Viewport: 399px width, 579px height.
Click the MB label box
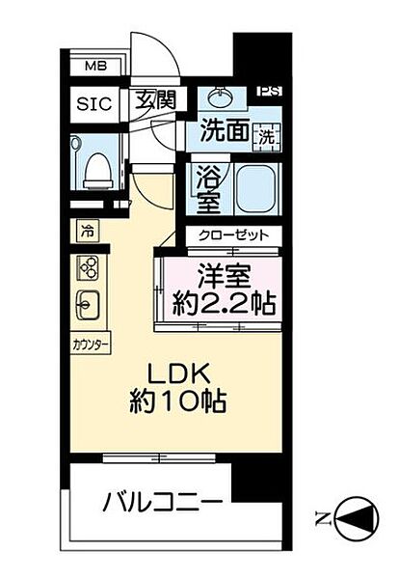pyautogui.click(x=94, y=67)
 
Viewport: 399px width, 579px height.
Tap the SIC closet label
pyautogui.click(x=94, y=103)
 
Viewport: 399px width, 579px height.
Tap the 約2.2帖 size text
pyautogui.click(x=224, y=307)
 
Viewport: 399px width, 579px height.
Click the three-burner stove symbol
pyautogui.click(x=88, y=268)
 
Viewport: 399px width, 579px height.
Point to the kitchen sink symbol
pyautogui.click(x=87, y=306)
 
